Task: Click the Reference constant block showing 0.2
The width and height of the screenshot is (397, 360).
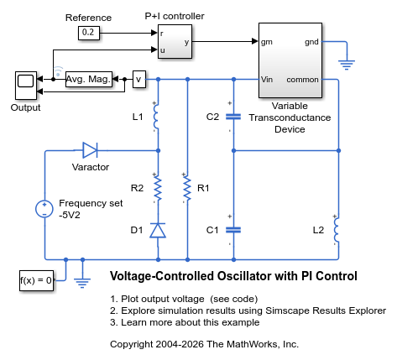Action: coord(89,33)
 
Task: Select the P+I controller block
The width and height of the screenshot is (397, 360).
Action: coord(175,41)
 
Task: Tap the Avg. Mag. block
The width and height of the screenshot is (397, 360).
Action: coord(89,80)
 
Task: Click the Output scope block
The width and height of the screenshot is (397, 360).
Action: coord(26,86)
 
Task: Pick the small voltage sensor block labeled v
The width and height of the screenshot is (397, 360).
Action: coord(139,80)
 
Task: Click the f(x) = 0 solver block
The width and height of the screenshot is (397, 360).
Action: coord(36,280)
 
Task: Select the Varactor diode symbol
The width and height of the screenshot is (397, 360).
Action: coord(90,150)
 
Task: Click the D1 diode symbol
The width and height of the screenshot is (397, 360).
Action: coord(158,230)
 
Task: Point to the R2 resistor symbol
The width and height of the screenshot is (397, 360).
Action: coord(158,188)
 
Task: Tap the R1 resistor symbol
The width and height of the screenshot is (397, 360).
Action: coord(187,188)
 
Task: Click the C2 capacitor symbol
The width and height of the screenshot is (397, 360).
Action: coord(233,117)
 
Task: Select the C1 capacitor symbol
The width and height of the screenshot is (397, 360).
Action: coord(233,230)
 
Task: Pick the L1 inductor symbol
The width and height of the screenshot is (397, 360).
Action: coord(156,117)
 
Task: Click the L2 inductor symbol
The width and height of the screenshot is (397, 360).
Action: coord(337,230)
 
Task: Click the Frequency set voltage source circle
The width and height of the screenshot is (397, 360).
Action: coord(44,209)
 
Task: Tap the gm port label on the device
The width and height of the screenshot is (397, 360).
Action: coord(267,42)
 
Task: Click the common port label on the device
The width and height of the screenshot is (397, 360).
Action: coord(302,80)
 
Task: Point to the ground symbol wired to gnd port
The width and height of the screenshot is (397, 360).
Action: coord(347,65)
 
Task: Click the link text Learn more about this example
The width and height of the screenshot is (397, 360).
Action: coord(190,322)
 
